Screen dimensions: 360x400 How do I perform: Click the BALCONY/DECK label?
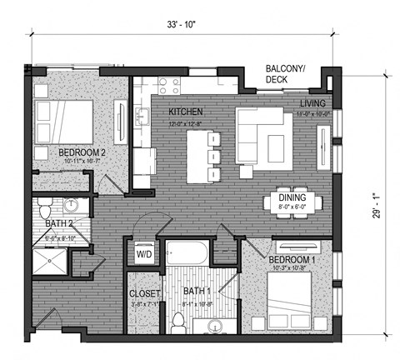point(285,74)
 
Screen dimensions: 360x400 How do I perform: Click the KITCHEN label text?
point(187,111)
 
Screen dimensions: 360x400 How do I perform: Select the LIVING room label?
point(315,102)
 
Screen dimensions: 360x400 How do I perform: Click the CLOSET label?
point(144,293)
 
